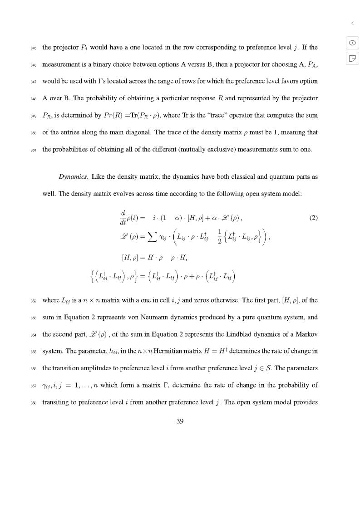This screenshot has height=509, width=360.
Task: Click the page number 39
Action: pyautogui.click(x=180, y=421)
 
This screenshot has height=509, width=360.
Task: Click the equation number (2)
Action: pyautogui.click(x=313, y=218)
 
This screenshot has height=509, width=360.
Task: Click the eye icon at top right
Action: pyautogui.click(x=352, y=43)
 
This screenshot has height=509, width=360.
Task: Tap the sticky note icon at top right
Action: pyautogui.click(x=352, y=58)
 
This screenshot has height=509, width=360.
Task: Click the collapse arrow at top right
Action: pyautogui.click(x=352, y=23)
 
